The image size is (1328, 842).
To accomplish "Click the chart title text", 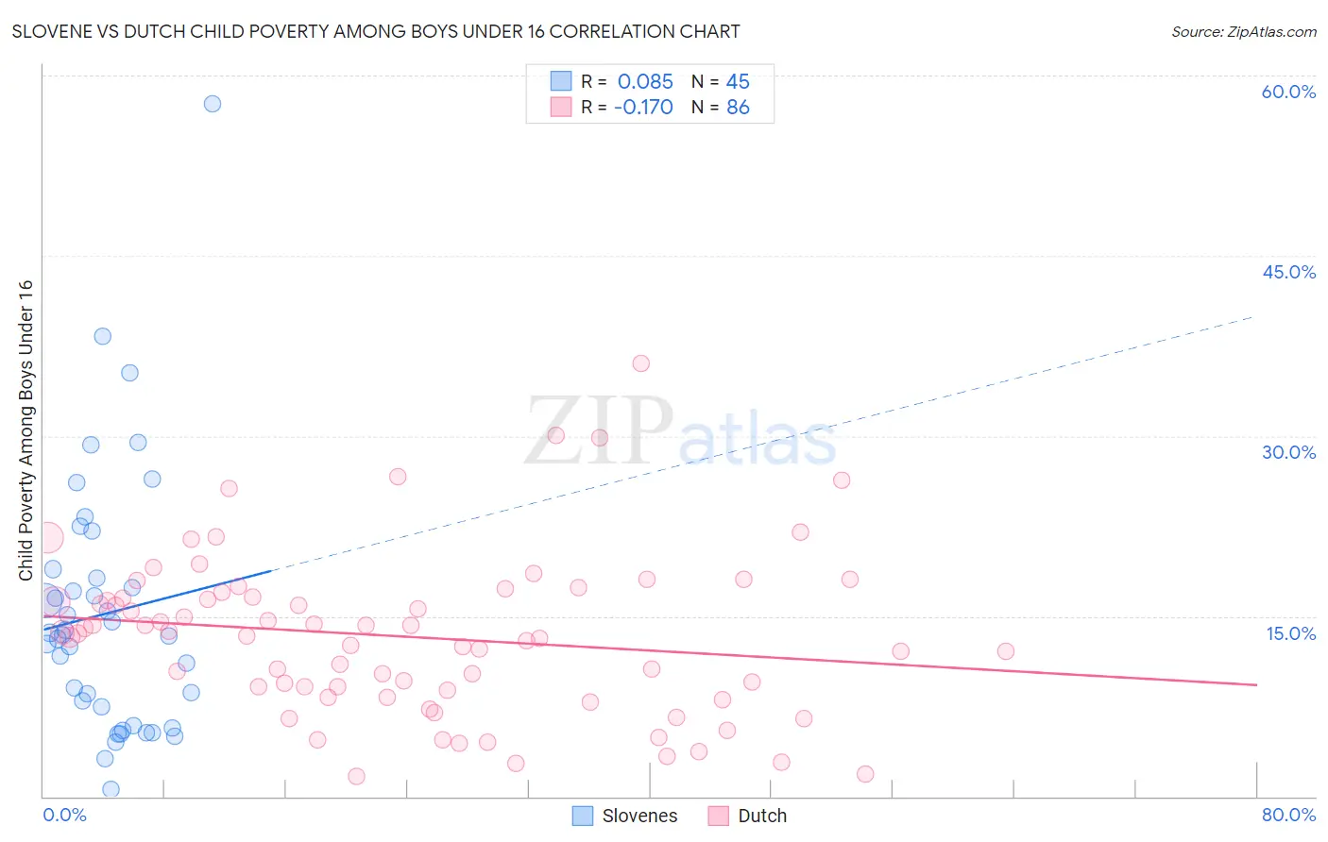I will coord(376,31).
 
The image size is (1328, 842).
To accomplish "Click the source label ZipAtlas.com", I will coord(1243,31).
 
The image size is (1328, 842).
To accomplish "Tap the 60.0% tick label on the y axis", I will coord(1288,92).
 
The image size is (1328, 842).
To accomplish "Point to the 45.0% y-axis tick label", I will coord(1288,272).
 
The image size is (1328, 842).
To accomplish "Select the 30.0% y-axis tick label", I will coord(1288,452).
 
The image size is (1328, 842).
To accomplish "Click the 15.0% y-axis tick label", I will coord(1290,632).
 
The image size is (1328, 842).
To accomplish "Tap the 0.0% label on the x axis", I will coord(64,815).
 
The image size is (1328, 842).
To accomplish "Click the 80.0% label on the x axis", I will coord(1288,815).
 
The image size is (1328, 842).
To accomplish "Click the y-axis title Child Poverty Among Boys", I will coord(26,430).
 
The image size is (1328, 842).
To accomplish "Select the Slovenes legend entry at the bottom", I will coord(625,816).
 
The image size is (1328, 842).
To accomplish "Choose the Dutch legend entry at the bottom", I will coord(747,816).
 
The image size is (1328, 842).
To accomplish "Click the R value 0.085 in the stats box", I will coord(645,81).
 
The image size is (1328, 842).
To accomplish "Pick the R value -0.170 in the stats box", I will coord(643,107).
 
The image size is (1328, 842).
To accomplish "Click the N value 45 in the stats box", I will coord(738,81).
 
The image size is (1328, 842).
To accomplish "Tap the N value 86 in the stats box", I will coord(738,107).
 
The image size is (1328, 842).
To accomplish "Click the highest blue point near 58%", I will coord(213,104).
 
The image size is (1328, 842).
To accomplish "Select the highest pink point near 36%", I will coord(641,363).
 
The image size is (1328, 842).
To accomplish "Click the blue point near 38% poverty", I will coord(103,336).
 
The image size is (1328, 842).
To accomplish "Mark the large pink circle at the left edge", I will coord(47,538).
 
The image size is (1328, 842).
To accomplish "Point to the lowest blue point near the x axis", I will coord(111,789).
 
